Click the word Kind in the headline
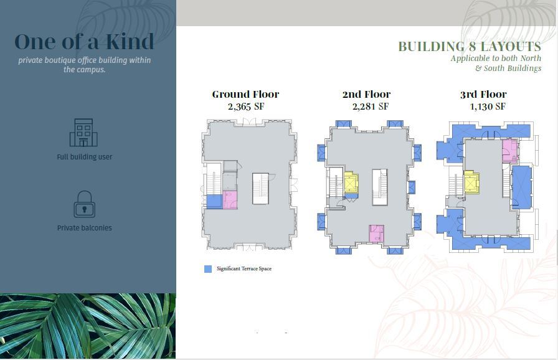pyautogui.click(x=130, y=42)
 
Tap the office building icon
pyautogui.click(x=83, y=133)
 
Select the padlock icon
pyautogui.click(x=84, y=204)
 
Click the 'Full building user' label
pyautogui.click(x=85, y=157)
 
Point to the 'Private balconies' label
pyautogui.click(x=85, y=228)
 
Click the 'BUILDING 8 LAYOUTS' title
pyautogui.click(x=470, y=47)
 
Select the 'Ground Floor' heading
pyautogui.click(x=245, y=95)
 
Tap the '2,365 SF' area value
pyautogui.click(x=246, y=107)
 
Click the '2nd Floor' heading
pyautogui.click(x=366, y=95)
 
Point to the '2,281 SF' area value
pyautogui.click(x=370, y=107)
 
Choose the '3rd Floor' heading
pyautogui.click(x=483, y=95)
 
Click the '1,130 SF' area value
pyautogui.click(x=487, y=107)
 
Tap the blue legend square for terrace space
pyautogui.click(x=208, y=269)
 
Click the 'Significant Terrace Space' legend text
pyautogui.click(x=244, y=269)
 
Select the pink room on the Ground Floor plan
pyautogui.click(x=230, y=199)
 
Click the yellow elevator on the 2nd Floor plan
pyautogui.click(x=351, y=183)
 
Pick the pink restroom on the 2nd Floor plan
pyautogui.click(x=376, y=234)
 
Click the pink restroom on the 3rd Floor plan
pyautogui.click(x=509, y=149)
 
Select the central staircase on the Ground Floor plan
pyautogui.click(x=260, y=189)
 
